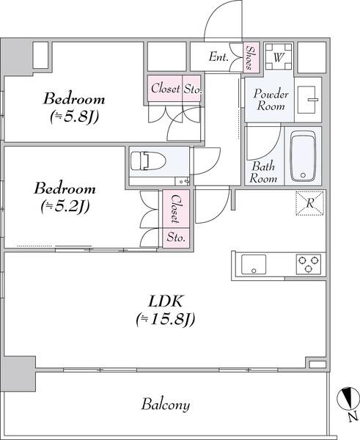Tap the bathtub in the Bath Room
pos(303,156)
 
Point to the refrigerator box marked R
pos(309,203)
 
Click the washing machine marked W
pos(279,56)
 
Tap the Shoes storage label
pos(251,56)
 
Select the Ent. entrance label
pos(218,57)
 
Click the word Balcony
pos(166,404)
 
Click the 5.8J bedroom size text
pos(73,116)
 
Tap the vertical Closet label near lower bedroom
pos(177,208)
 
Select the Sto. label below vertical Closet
pos(177,238)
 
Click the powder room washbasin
pos(311,99)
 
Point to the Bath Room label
pos(264,172)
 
